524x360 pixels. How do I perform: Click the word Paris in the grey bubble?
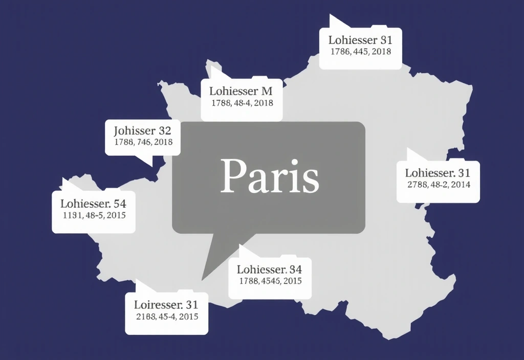(x=269, y=176)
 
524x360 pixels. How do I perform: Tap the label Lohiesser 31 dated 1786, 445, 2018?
(x=360, y=40)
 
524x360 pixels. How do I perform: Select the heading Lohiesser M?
(x=241, y=92)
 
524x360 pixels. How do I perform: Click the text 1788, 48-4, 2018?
(x=242, y=103)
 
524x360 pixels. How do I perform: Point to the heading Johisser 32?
(x=142, y=130)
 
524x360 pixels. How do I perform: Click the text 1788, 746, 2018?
(x=143, y=142)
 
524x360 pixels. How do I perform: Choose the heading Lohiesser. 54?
(x=94, y=204)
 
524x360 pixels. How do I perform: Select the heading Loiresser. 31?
(x=166, y=305)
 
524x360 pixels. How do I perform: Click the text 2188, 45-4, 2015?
(x=167, y=317)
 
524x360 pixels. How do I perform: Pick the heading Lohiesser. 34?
(x=269, y=269)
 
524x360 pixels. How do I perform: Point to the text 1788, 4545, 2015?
(x=270, y=281)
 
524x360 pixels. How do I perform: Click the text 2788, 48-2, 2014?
(x=438, y=185)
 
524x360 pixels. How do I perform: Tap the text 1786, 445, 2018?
(x=360, y=52)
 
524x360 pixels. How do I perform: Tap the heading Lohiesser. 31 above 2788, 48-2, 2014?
(x=438, y=173)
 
